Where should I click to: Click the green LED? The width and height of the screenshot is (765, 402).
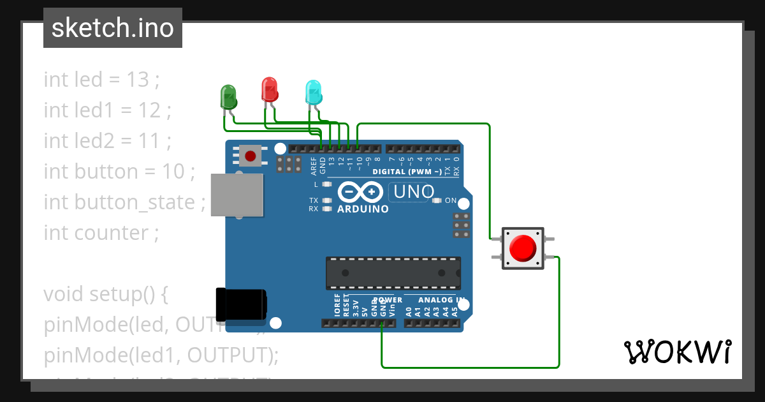tap(228, 96)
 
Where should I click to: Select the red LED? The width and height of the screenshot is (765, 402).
tap(270, 89)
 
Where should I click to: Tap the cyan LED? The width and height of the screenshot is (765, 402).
tap(313, 93)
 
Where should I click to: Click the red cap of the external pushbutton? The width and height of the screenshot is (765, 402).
tap(523, 248)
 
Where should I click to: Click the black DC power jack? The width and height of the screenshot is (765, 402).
tap(241, 305)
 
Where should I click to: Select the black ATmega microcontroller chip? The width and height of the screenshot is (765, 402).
tap(393, 272)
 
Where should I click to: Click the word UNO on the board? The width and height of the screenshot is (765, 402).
tap(414, 191)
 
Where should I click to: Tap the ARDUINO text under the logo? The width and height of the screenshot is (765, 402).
tap(363, 209)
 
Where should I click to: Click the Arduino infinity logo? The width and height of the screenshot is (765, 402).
tap(360, 192)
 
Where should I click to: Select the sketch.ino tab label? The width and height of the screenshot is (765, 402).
tap(113, 28)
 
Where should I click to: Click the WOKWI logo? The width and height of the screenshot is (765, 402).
tap(677, 352)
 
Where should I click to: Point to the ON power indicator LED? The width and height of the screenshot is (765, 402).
tap(437, 200)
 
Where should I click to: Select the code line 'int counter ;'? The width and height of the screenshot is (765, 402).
tap(101, 233)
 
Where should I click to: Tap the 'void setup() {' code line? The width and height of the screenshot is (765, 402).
tap(105, 294)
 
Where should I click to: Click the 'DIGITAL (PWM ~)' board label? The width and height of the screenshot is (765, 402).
tap(407, 172)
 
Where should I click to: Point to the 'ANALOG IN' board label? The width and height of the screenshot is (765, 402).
tap(441, 300)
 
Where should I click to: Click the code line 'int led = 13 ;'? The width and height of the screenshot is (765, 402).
tap(101, 80)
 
